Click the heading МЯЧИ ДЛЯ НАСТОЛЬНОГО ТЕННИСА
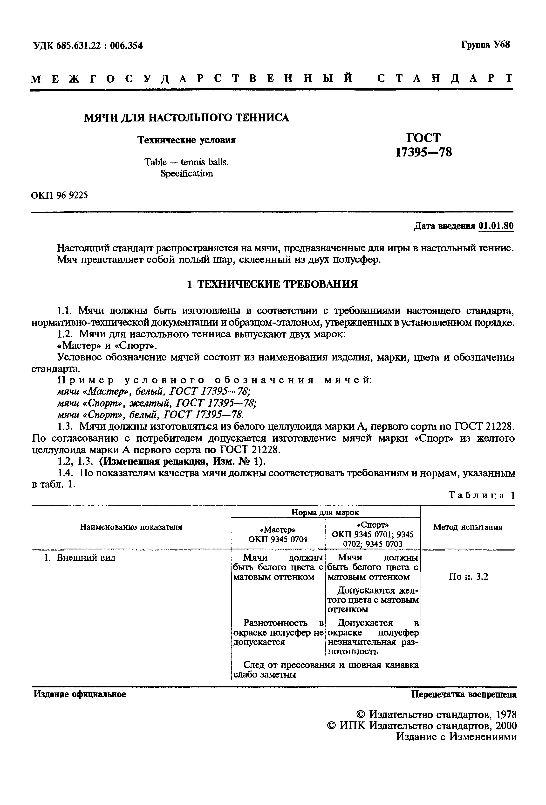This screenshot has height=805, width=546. click(186, 118)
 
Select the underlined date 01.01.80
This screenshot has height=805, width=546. click(496, 226)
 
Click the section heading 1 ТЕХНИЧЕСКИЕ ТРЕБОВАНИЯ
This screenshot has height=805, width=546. click(272, 284)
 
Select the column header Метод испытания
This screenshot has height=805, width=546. click(467, 527)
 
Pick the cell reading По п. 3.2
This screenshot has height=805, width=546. click(468, 576)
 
